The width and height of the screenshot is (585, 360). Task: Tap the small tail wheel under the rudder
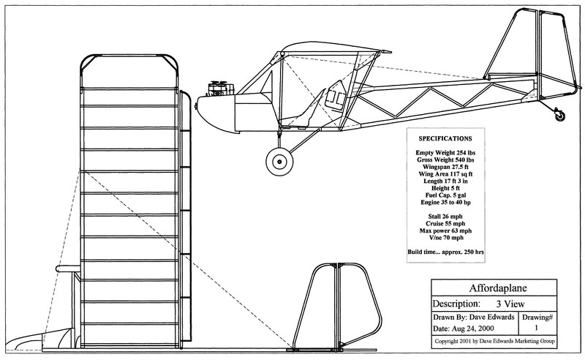[561, 114]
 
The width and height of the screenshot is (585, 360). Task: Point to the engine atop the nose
[217, 89]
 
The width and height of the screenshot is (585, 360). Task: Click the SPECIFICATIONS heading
[445, 138]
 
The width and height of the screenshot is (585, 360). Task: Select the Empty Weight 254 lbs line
[445, 150]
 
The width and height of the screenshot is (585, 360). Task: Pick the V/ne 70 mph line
[445, 238]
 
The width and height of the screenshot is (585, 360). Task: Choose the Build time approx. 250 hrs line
[445, 252]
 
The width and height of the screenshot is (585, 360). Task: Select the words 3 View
[497, 303]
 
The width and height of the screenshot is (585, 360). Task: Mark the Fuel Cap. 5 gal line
[445, 194]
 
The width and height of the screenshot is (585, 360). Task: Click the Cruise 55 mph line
[445, 223]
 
